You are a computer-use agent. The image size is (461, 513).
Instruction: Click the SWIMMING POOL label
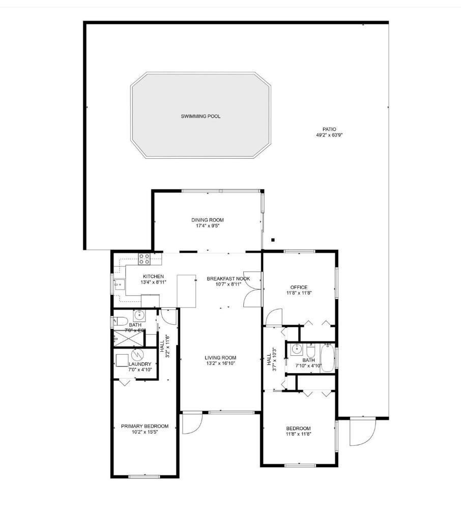pyautogui.click(x=200, y=117)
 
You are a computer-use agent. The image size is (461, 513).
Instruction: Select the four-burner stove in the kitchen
pyautogui.click(x=145, y=259)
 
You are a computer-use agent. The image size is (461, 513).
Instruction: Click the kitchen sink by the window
pyautogui.click(x=119, y=284)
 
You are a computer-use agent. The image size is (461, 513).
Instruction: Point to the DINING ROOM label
pyautogui.click(x=207, y=220)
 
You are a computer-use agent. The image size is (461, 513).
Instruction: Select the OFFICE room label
pyautogui.click(x=298, y=287)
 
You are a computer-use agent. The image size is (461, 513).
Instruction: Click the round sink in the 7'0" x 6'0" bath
pyautogui.click(x=138, y=314)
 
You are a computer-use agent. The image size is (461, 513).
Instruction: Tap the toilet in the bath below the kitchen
pyautogui.click(x=119, y=321)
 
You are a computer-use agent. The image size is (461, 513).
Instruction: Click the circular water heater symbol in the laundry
pyautogui.click(x=136, y=354)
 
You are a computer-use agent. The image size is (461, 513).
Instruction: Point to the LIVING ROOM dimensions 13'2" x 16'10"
pyautogui.click(x=220, y=363)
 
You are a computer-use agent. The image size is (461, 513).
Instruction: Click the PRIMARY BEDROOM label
pyautogui.click(x=145, y=426)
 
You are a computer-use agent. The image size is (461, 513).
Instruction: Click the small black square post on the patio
pyautogui.click(x=273, y=240)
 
